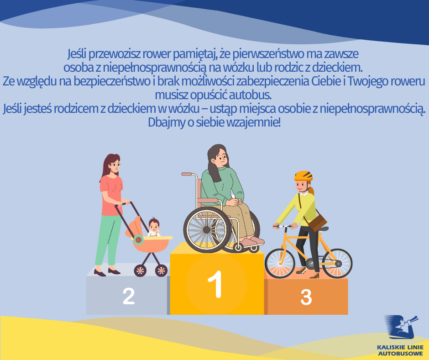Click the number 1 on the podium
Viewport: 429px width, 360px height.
[x=215, y=284]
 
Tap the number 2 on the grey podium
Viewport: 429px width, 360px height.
[x=129, y=296]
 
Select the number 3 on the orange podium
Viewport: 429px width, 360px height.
[x=306, y=297]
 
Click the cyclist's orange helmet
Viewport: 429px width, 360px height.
[x=303, y=176]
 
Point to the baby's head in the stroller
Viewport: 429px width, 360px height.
[x=154, y=224]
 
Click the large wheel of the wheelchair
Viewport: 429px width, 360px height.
[x=207, y=230]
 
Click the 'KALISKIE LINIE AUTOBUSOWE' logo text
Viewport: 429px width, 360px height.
[x=400, y=350]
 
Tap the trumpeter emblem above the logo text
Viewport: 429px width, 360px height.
[x=401, y=327]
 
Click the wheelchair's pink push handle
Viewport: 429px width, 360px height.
[x=187, y=174]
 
